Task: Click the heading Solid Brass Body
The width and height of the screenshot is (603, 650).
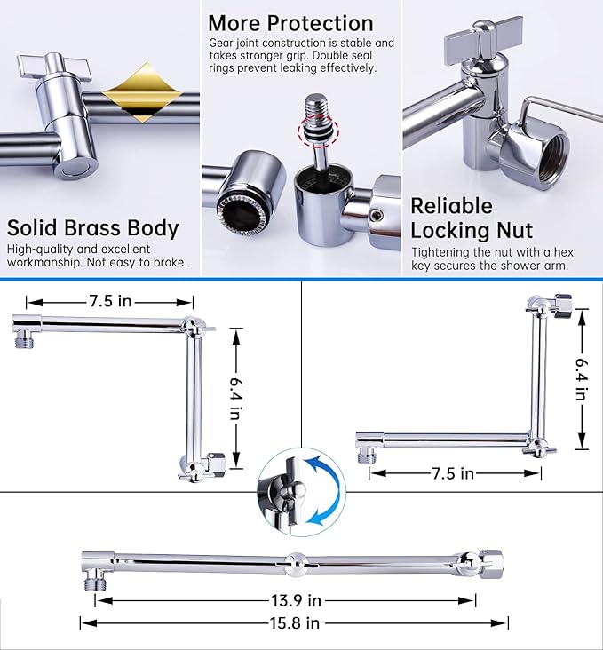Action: click(x=93, y=227)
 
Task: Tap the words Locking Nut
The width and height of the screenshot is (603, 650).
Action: click(x=479, y=231)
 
